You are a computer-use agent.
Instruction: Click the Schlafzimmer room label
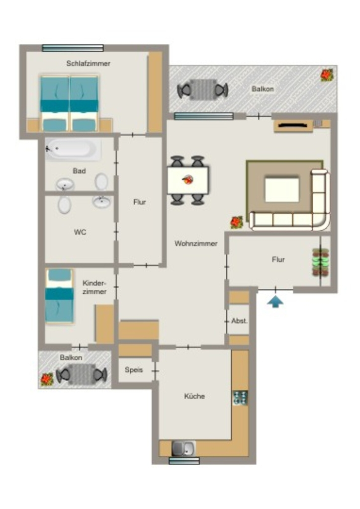pos(89,63)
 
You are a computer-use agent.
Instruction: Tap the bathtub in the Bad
pos(73,149)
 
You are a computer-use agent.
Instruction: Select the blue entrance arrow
pos(275,301)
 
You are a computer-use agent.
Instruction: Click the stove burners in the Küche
pos(240,398)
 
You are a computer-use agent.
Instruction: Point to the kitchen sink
pos(183,449)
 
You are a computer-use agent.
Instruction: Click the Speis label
pos(134,370)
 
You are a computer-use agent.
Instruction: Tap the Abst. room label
pos(239,321)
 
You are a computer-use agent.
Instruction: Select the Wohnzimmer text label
pos(196,244)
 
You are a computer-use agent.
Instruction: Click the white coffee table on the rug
pos(282,189)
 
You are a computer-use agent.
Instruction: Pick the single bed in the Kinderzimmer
pos(59,296)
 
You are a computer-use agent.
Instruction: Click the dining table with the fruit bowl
pos(188,180)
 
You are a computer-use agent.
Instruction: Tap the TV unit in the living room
pos(293,126)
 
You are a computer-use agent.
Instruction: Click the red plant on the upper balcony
pos(327,75)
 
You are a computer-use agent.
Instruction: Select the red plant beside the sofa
pos(237,223)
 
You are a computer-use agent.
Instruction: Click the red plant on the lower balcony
pos(47,379)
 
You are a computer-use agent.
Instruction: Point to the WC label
pos(80,232)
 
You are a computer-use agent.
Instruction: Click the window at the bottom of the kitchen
pos(184,461)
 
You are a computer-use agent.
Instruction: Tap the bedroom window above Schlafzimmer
pos(73,48)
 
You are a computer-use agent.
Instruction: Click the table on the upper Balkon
pos(203,89)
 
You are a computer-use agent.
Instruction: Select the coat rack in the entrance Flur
pos(320,262)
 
